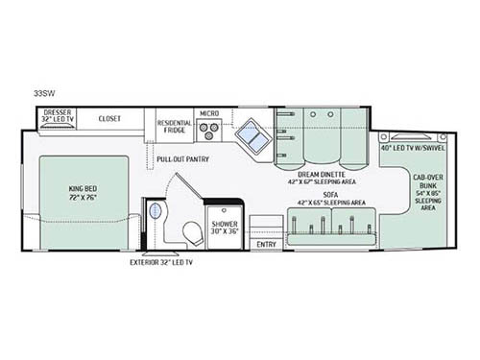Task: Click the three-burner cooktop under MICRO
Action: (210, 133)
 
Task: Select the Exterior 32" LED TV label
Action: (161, 261)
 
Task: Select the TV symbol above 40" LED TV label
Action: (411, 135)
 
